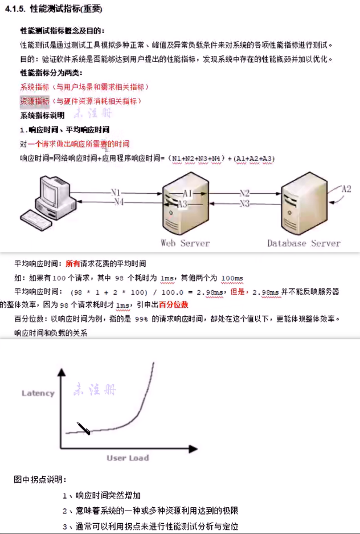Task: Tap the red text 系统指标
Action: click(34, 87)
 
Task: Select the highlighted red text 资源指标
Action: click(34, 101)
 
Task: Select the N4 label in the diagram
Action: click(117, 202)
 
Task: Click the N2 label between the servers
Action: click(244, 193)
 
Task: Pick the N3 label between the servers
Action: click(244, 203)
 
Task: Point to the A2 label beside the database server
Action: click(346, 189)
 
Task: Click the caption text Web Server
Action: click(185, 243)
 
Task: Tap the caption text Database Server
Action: click(304, 243)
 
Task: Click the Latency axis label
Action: click(38, 393)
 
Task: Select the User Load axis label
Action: click(128, 458)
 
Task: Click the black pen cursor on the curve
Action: click(83, 428)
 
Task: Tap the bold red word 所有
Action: click(73, 264)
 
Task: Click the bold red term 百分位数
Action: click(174, 305)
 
